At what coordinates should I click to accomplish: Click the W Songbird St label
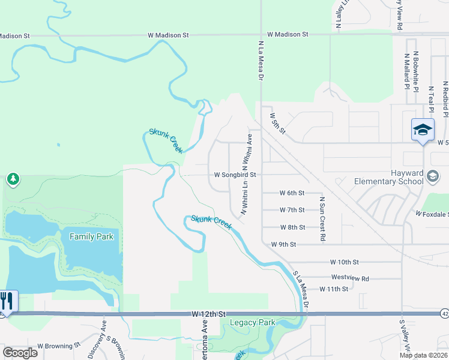[x=235, y=175]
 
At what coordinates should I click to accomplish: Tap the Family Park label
[x=91, y=236]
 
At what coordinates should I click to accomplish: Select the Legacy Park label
[x=253, y=323]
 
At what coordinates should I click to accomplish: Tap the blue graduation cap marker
[x=423, y=130]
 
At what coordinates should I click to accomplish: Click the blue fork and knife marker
[x=7, y=301]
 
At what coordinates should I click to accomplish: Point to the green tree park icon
[x=13, y=179]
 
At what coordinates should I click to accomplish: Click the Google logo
[x=20, y=352]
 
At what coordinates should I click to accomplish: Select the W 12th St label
[x=209, y=314]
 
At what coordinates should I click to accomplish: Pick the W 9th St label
[x=284, y=244]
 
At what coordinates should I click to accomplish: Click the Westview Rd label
[x=349, y=278]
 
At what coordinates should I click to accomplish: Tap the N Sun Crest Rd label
[x=322, y=219]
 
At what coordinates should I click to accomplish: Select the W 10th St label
[x=344, y=262]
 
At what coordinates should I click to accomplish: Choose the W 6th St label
[x=292, y=193]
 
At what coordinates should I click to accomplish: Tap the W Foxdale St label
[x=432, y=214]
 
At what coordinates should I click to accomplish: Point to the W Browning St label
[x=58, y=346]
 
